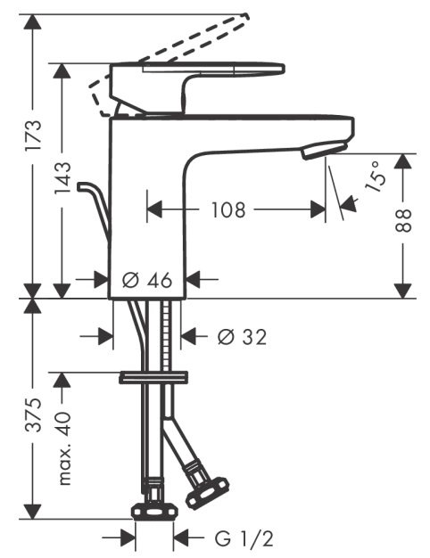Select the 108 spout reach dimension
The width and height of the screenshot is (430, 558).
click(229, 210)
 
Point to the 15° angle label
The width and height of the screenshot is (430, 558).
click(376, 177)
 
